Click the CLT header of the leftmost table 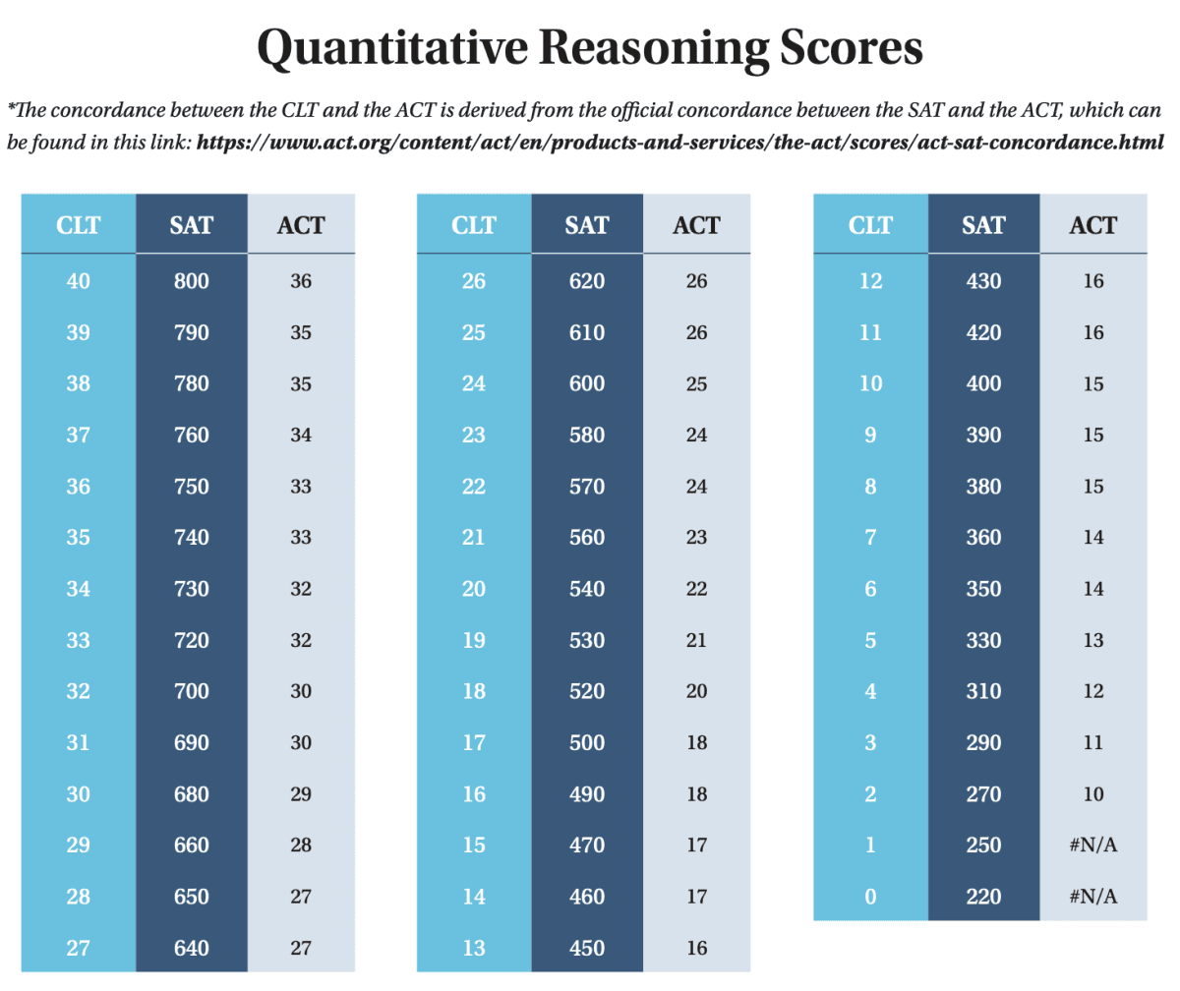[79, 225]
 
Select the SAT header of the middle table [587, 225]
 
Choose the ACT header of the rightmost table [1092, 225]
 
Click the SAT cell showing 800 [191, 281]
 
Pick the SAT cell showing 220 [983, 897]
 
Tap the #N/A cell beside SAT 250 [1092, 845]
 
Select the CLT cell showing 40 [79, 281]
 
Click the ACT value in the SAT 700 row [301, 691]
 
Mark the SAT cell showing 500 [587, 742]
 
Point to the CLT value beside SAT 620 [474, 281]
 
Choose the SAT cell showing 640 [191, 948]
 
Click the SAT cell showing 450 [587, 948]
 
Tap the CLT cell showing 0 [870, 897]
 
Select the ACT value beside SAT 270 [1092, 794]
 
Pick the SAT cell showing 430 [983, 281]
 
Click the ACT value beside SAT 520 [696, 691]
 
